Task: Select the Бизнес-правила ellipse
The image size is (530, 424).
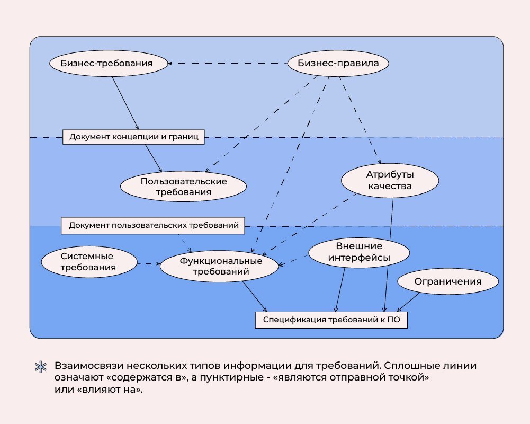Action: coord(338,64)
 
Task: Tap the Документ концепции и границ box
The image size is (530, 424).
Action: coord(133,137)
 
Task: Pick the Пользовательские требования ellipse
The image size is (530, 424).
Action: coord(184,187)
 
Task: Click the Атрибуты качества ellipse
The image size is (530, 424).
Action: coord(389,180)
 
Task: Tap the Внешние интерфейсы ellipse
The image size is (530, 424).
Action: coord(359,252)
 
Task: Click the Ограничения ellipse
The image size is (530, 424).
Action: coord(448,282)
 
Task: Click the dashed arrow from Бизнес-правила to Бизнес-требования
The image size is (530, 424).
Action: coord(228,64)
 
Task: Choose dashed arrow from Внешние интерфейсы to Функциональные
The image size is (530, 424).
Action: coord(293,261)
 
